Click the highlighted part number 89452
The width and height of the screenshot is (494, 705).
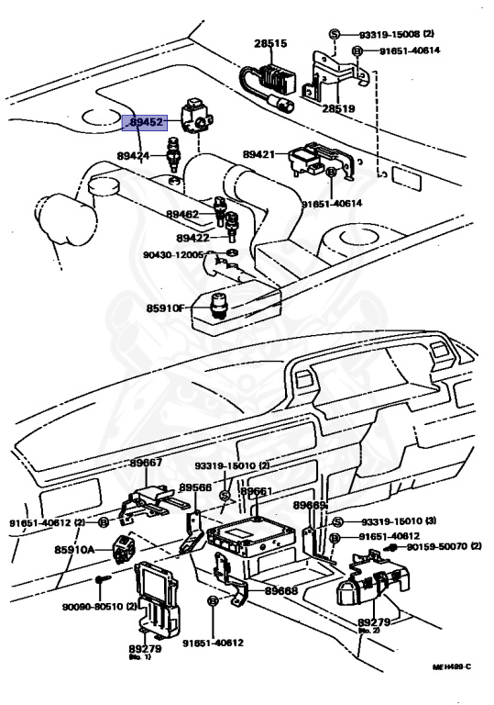[146, 123]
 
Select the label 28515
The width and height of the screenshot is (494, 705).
[270, 43]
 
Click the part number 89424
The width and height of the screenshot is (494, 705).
[132, 157]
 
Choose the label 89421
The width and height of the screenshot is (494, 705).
[260, 155]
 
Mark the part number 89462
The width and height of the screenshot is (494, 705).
[182, 214]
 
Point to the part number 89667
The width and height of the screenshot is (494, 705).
[147, 463]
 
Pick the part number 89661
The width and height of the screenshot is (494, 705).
[257, 492]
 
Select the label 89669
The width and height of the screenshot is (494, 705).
[310, 506]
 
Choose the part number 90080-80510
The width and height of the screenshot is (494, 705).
[91, 607]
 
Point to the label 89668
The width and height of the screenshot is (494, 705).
[280, 591]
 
